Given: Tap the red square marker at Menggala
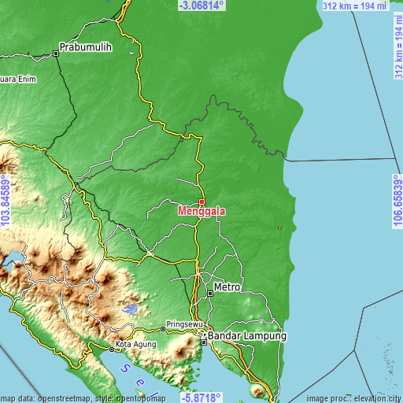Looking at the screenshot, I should coord(201,201).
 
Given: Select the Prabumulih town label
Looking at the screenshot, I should coord(87,47).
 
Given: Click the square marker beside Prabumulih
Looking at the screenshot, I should coord(56,54).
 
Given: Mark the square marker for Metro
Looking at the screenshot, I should coord(210,293).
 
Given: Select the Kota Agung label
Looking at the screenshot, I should coord(136,344).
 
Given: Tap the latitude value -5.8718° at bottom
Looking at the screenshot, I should coord(201,397).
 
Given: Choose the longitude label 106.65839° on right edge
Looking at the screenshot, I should coord(397,201).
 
